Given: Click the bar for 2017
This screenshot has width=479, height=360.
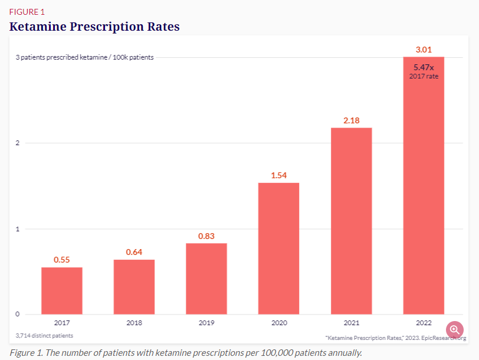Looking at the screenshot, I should [62, 290].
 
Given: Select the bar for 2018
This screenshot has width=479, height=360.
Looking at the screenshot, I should [134, 287].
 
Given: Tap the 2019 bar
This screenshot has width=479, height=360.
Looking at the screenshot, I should [206, 279].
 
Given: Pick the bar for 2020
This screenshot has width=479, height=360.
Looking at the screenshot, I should [278, 248].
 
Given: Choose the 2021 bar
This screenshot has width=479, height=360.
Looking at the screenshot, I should [351, 221].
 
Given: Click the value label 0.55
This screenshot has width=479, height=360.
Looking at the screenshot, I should [62, 260].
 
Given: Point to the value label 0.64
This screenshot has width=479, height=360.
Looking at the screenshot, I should [134, 252].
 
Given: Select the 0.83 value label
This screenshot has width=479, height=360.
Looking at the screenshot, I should [206, 236].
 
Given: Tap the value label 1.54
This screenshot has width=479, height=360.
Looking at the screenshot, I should [278, 175].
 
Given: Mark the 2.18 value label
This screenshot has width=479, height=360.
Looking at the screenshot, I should [351, 120].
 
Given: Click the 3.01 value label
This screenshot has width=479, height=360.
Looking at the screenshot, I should [424, 50].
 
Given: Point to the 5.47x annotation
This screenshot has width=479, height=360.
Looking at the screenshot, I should [424, 68].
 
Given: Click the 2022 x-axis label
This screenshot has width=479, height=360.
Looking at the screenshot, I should [424, 323].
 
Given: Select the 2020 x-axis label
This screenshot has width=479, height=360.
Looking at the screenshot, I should [278, 323].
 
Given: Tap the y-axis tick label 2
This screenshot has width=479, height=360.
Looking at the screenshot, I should [18, 143].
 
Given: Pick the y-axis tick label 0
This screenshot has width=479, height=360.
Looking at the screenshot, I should [18, 314].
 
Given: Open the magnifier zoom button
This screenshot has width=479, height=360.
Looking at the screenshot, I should [455, 330].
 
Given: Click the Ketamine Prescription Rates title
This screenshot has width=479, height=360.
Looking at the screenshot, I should [94, 27].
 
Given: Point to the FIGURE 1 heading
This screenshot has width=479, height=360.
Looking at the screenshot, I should [27, 12].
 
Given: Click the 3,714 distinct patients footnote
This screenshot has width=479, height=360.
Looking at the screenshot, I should [45, 335].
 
